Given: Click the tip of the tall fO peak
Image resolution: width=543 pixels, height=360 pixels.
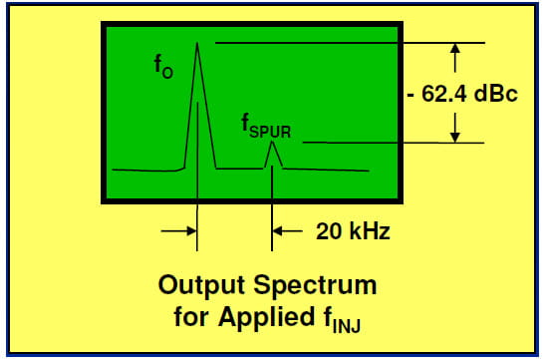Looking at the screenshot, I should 196,44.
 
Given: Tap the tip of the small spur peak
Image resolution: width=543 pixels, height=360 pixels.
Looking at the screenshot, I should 273,143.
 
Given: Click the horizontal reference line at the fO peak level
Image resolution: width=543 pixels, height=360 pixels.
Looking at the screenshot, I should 349,43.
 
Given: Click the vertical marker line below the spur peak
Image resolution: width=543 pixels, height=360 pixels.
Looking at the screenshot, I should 273,199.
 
